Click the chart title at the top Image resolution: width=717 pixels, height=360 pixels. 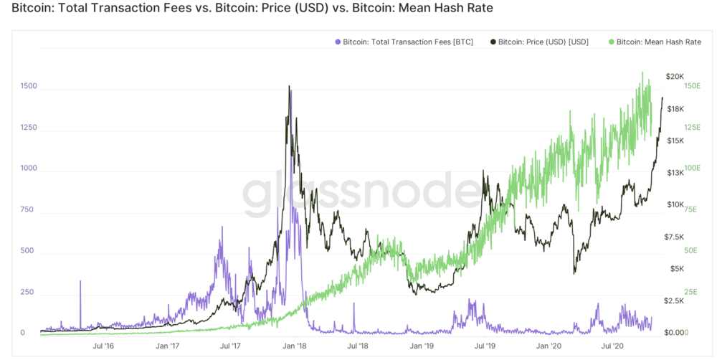(247, 10)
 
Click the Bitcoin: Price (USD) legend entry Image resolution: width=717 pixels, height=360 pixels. (538, 42)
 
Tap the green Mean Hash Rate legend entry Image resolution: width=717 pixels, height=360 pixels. (654, 42)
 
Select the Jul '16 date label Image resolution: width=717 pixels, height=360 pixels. (103, 346)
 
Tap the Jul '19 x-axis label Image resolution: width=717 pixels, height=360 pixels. (485, 346)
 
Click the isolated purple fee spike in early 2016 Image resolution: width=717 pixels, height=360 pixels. (80, 283)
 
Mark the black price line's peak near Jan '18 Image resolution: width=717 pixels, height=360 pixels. (289, 87)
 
